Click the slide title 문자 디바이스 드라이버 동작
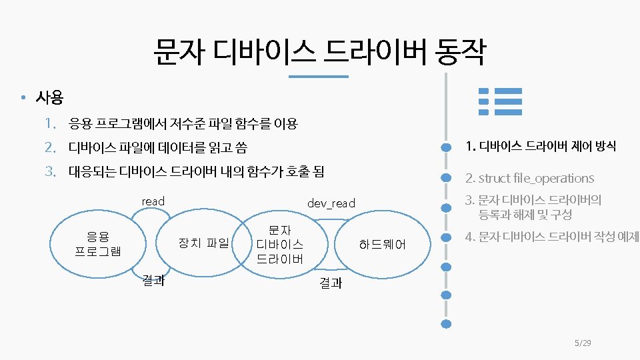tap(319, 52)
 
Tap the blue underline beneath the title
tap(319, 77)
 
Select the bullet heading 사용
tap(49, 99)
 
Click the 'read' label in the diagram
tap(153, 201)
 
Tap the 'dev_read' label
tap(331, 203)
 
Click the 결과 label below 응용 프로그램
tap(153, 281)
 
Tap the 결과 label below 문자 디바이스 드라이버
tap(331, 283)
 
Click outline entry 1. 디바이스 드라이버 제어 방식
tap(540, 146)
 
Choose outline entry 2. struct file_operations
tap(529, 178)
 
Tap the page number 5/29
tap(583, 343)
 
